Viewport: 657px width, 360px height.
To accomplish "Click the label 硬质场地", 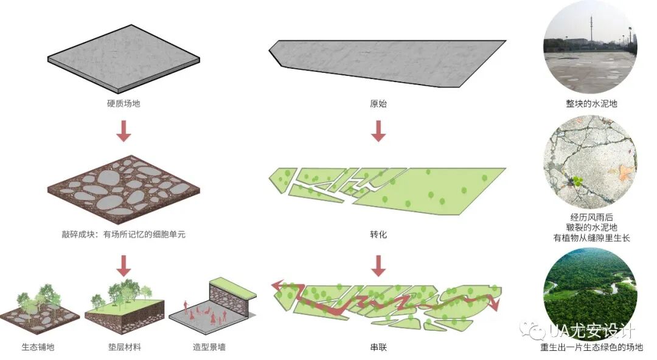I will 123,103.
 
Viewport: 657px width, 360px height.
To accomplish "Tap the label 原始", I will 378,103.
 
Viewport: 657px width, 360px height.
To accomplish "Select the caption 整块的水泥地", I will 591,103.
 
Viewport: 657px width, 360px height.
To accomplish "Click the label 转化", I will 378,234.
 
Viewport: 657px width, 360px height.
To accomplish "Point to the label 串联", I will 378,347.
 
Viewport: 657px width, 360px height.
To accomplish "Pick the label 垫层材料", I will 125,347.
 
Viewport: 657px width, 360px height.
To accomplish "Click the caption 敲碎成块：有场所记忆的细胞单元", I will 124,234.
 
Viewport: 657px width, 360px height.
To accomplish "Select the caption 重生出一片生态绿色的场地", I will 591,348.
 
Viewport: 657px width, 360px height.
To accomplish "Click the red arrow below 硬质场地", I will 124,131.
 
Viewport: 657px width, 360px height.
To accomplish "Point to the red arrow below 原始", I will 378,131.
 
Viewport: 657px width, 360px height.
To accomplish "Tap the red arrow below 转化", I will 378,266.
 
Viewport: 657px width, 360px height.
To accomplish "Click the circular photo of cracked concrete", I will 590,162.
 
